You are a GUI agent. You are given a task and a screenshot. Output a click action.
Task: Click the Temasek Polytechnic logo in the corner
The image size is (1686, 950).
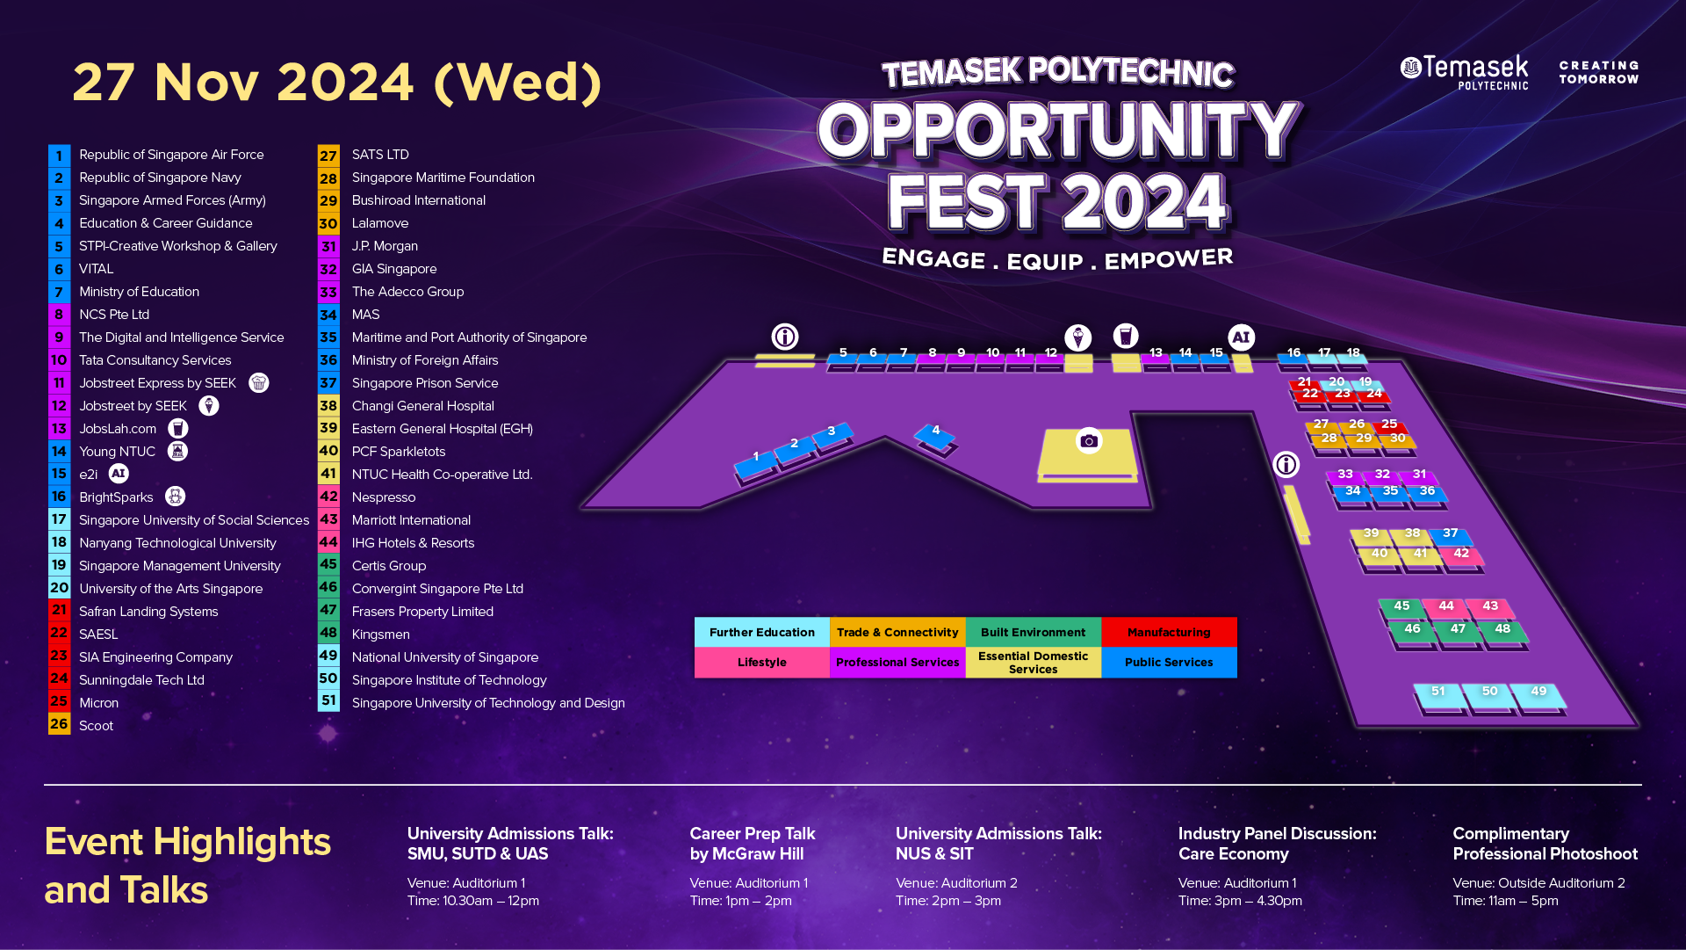click(1464, 72)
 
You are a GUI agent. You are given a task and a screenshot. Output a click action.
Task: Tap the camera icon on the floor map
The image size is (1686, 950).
click(1089, 440)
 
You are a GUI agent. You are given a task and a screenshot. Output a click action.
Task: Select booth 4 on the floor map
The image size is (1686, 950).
click(935, 435)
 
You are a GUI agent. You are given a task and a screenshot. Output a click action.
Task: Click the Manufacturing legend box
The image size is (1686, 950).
click(1169, 632)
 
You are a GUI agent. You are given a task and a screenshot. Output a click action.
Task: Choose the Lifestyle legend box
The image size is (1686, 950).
click(761, 663)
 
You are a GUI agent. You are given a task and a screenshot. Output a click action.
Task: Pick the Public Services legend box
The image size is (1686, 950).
click(1169, 663)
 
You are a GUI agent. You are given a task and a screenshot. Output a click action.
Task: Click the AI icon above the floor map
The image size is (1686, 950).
click(1241, 337)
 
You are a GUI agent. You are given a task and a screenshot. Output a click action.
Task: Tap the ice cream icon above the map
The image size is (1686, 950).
click(1077, 337)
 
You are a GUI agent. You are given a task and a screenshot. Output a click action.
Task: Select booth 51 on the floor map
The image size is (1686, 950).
click(1438, 696)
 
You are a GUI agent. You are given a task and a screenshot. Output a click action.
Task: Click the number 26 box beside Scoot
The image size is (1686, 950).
click(59, 724)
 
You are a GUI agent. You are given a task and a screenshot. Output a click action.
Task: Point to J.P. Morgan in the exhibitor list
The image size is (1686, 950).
click(385, 246)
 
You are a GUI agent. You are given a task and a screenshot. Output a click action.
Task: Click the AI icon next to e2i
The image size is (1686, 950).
click(119, 474)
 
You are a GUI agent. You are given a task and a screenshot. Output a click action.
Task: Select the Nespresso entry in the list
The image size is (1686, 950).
click(384, 497)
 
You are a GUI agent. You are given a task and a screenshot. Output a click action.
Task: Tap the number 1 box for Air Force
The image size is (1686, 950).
click(59, 156)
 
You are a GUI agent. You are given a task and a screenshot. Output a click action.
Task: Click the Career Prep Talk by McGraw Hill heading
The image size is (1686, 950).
click(752, 844)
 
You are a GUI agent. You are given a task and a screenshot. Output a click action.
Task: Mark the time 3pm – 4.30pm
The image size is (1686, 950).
click(1240, 901)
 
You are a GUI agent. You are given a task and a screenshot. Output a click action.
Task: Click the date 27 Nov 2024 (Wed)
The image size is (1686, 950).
click(337, 83)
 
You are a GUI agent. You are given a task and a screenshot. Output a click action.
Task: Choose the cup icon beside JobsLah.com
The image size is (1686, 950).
click(178, 428)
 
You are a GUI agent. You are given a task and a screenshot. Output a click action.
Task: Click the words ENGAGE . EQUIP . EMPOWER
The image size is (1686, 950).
click(1057, 259)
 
